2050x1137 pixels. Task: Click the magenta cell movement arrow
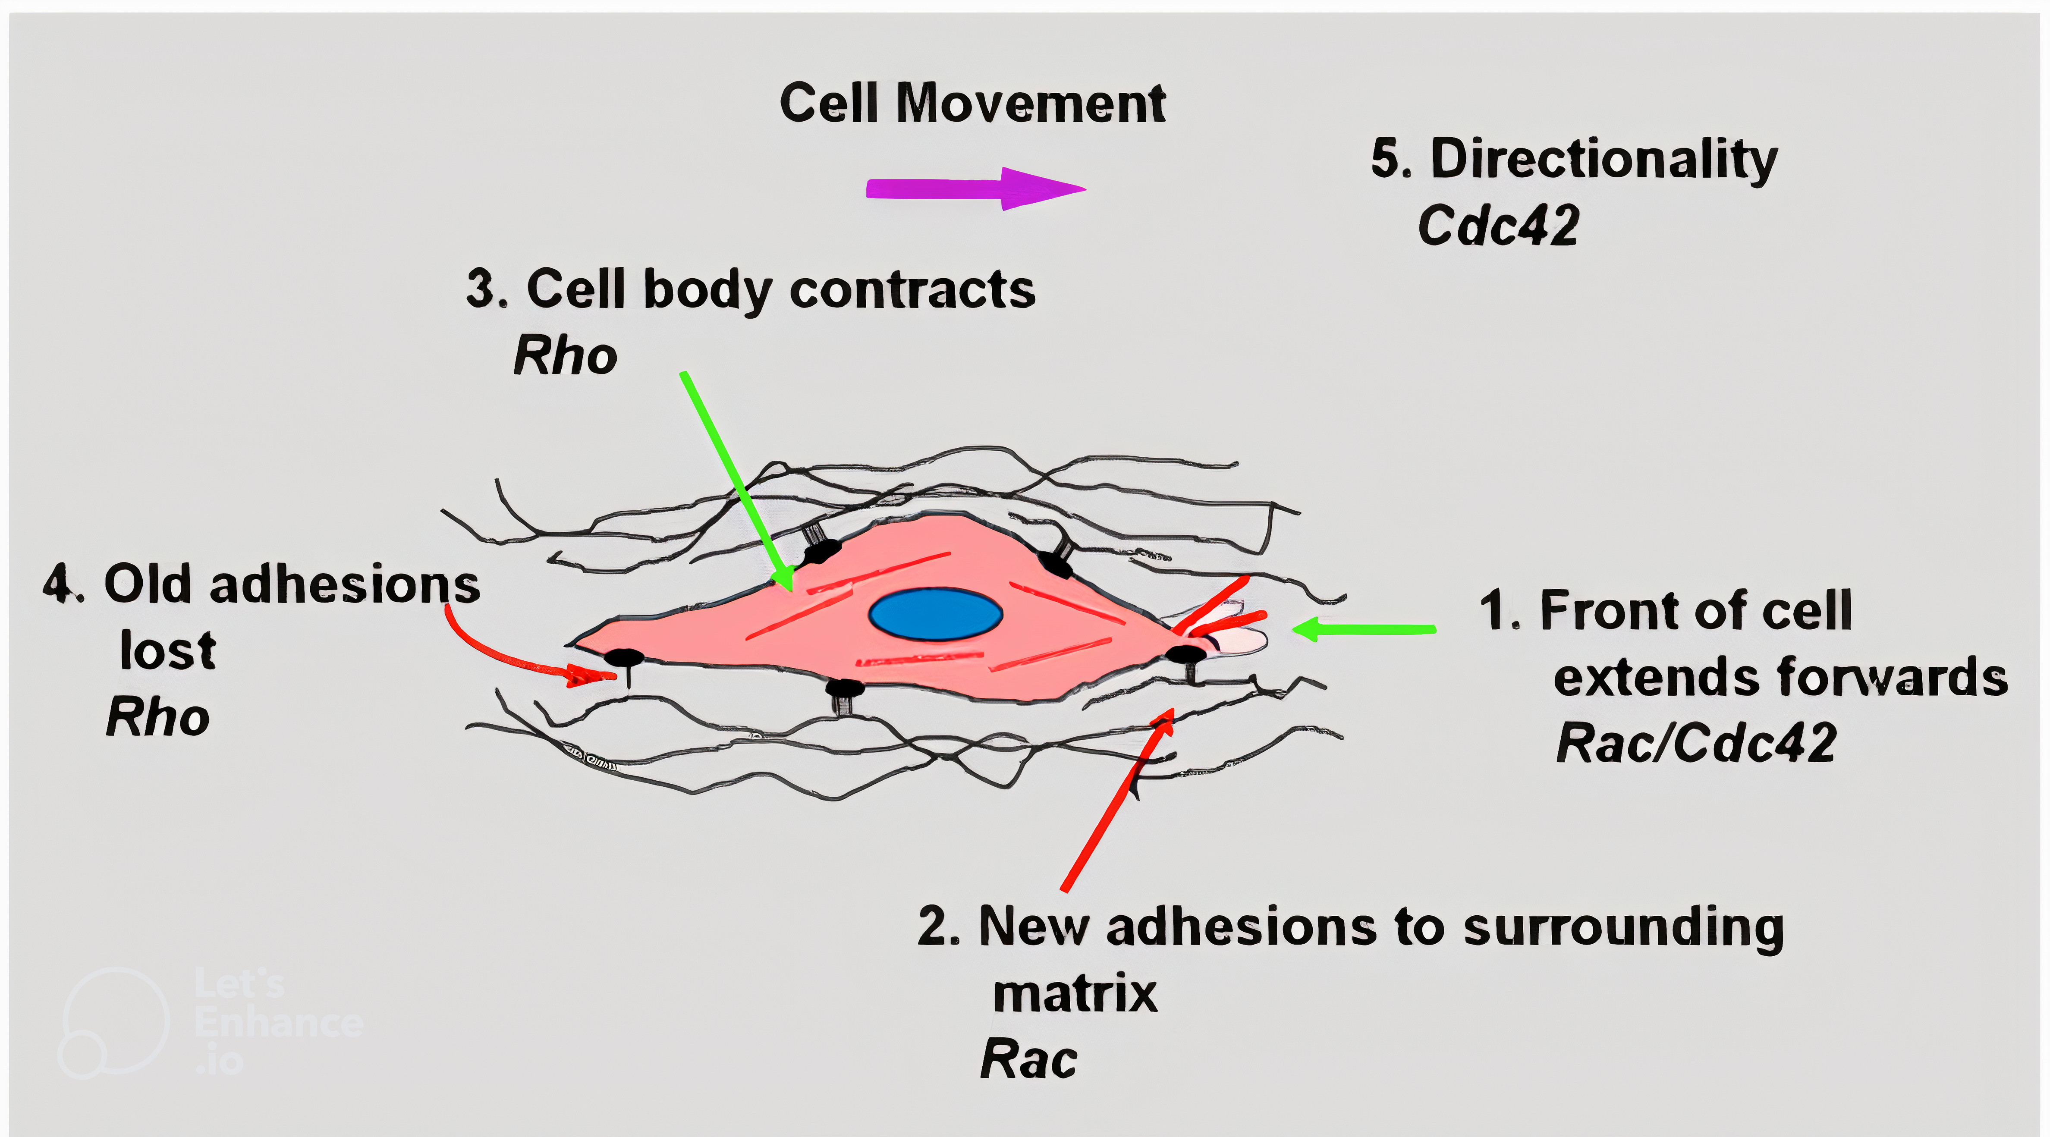click(976, 188)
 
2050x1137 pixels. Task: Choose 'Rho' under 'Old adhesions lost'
click(157, 717)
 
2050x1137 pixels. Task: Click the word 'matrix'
click(1075, 994)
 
